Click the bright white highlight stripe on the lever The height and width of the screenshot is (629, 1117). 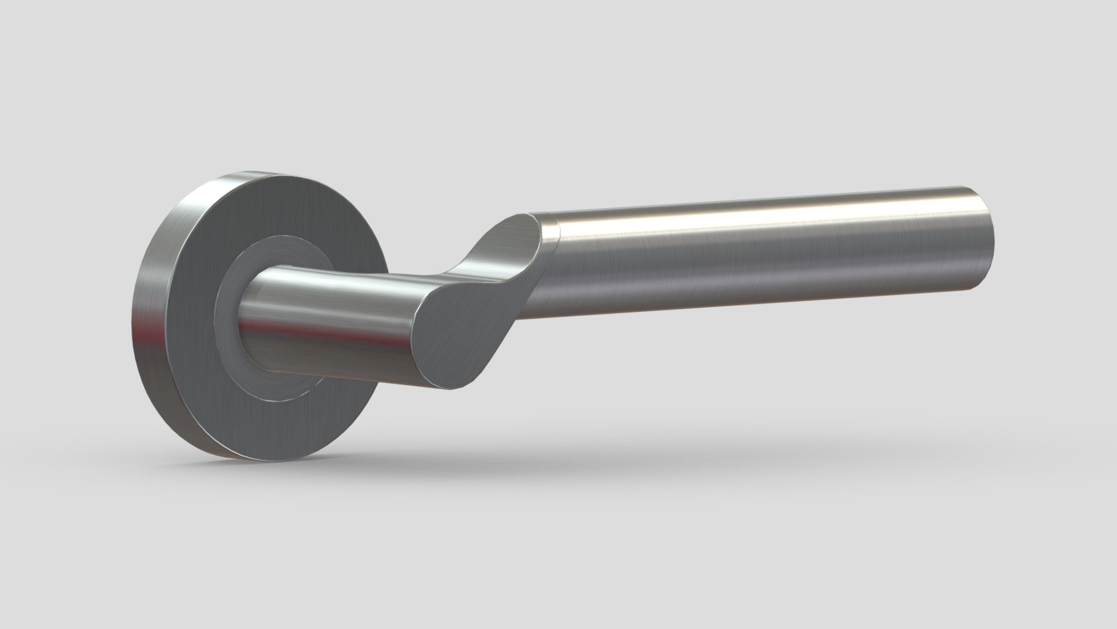coord(756,213)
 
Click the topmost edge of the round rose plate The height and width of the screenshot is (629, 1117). coord(256,173)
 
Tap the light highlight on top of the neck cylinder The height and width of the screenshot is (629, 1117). coord(326,278)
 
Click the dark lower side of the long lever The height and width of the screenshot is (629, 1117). coord(756,291)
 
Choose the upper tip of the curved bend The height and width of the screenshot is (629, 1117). coord(527,216)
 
